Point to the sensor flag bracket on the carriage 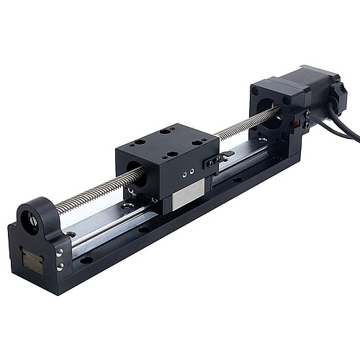(x=216, y=160)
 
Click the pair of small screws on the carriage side (x=188, y=174)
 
